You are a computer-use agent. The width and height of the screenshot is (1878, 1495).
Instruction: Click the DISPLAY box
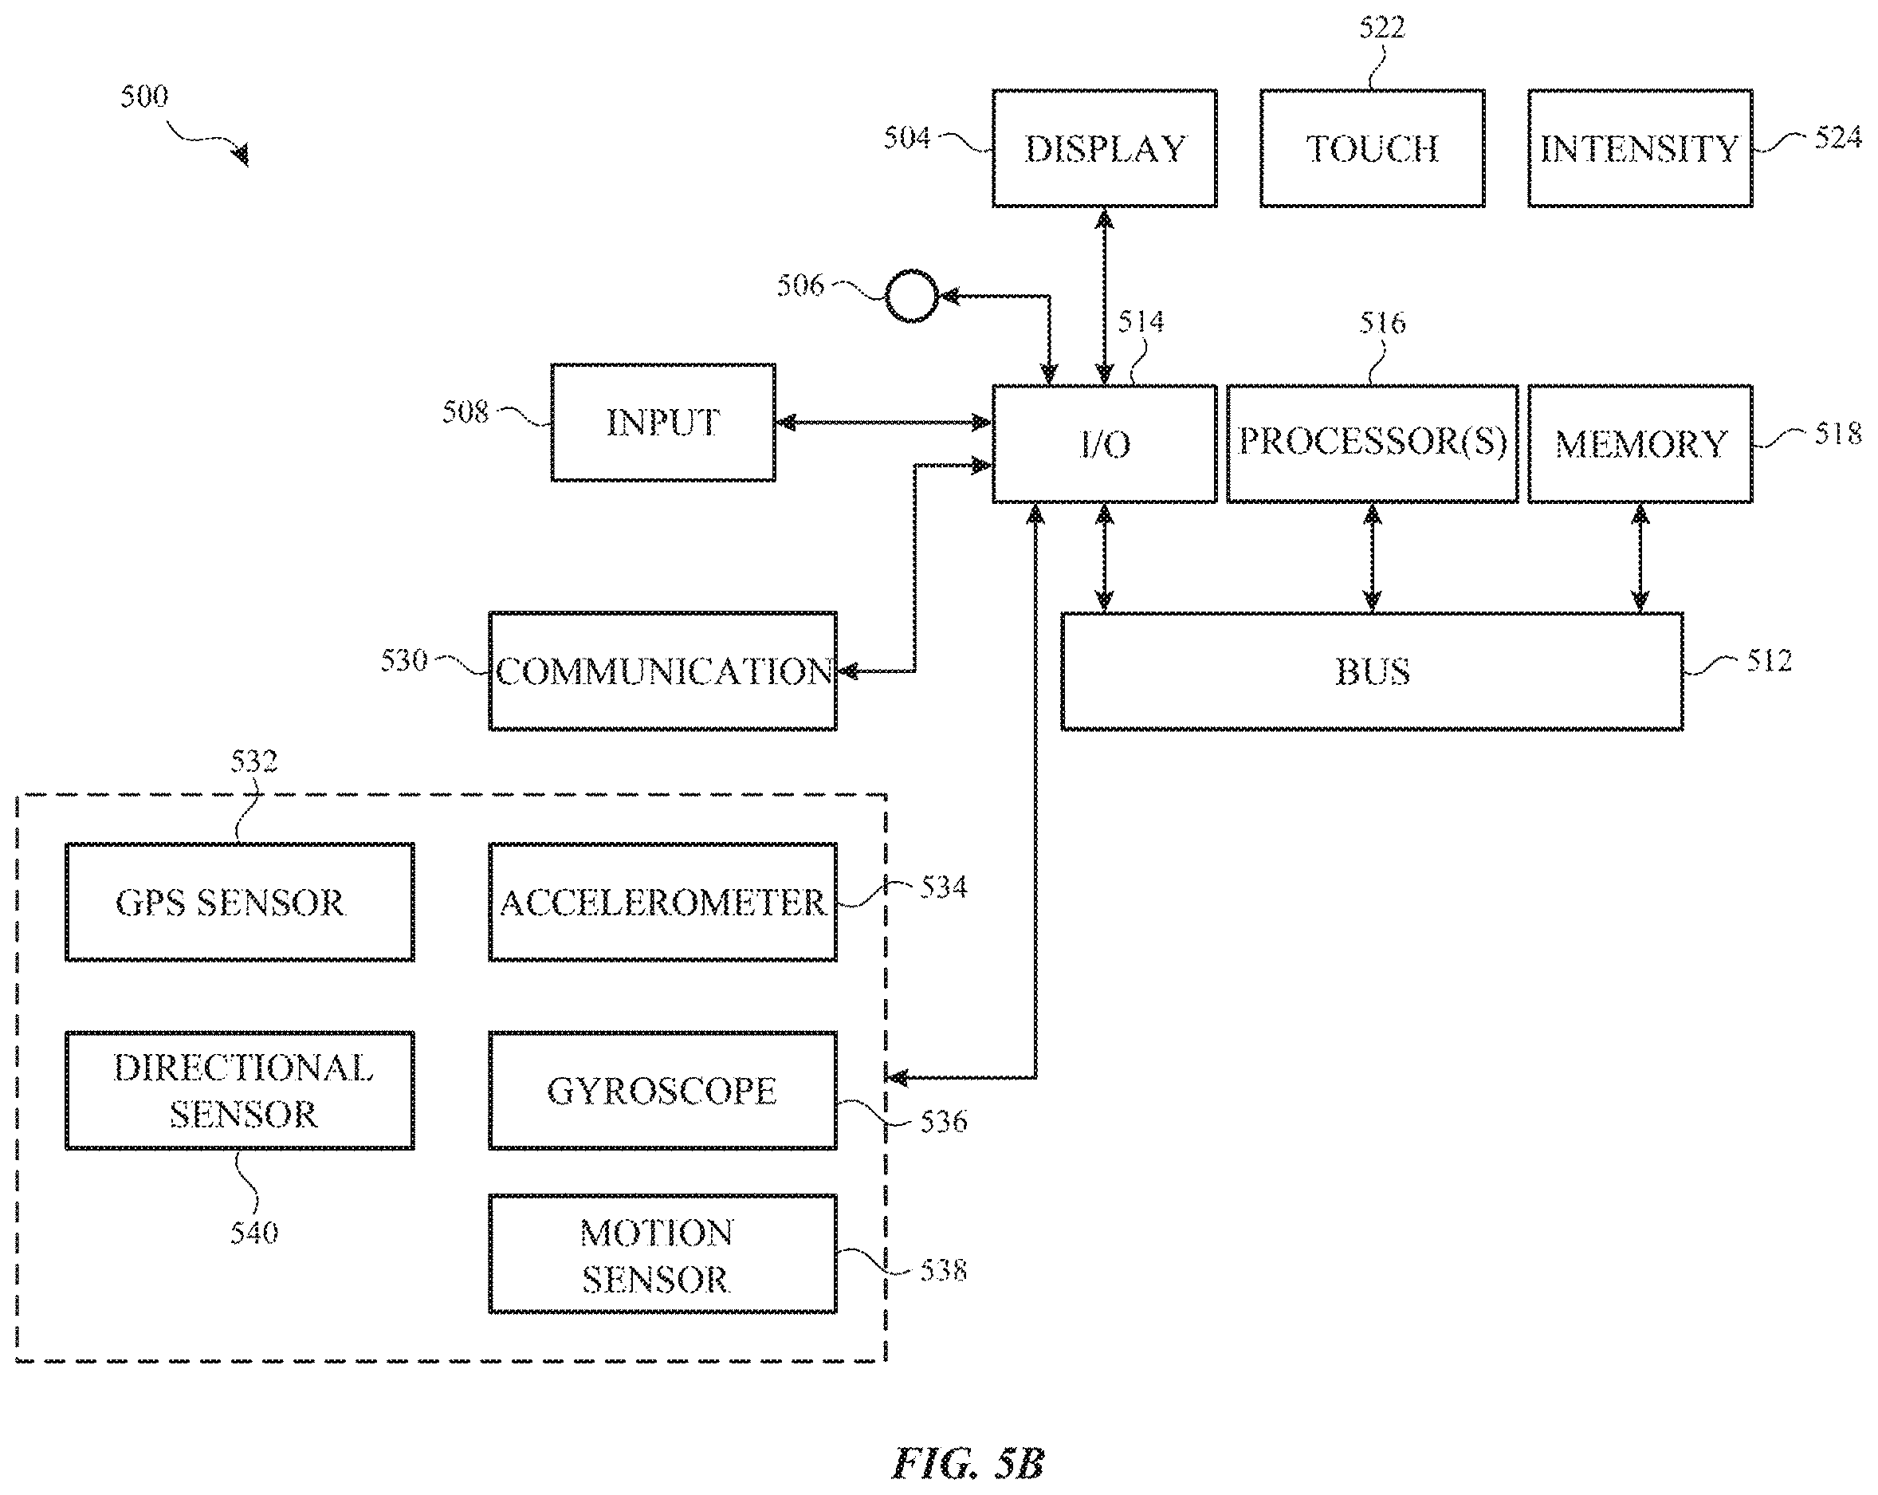[1105, 148]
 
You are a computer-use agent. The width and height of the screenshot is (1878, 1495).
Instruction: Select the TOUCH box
[1372, 148]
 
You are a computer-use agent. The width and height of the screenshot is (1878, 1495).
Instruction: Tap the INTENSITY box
[1640, 148]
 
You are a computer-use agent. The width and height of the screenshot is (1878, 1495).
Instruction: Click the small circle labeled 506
[911, 297]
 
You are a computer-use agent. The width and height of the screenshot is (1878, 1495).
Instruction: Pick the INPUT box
[663, 423]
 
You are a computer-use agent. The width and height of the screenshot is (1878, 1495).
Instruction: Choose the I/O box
[1105, 443]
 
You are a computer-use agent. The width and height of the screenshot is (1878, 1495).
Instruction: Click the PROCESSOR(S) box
[1372, 443]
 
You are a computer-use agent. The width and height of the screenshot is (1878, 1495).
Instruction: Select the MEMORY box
[1640, 443]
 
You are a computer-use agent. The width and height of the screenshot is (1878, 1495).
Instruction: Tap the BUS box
[1372, 671]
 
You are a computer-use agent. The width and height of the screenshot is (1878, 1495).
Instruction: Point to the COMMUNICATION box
[663, 671]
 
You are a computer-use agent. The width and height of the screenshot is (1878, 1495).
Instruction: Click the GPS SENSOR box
[240, 902]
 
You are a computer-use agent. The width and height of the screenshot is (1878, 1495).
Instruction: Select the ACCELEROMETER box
[663, 902]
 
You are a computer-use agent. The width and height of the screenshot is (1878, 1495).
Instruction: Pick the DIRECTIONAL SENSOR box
[240, 1091]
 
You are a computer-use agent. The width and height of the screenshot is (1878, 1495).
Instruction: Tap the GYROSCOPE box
[663, 1091]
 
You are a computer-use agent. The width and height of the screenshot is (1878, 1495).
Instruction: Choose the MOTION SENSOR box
[663, 1253]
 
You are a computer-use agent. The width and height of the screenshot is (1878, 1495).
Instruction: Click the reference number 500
[143, 96]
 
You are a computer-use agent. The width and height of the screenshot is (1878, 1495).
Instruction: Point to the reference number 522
[1382, 28]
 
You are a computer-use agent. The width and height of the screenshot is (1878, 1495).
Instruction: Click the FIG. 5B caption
[968, 1463]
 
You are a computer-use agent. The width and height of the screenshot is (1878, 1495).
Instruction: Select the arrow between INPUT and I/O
[883, 423]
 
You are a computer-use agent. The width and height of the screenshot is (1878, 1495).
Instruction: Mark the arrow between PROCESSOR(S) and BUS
[1372, 557]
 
